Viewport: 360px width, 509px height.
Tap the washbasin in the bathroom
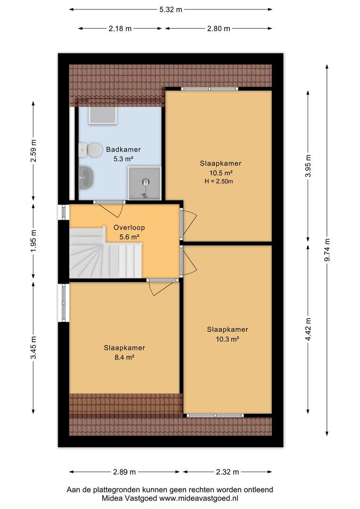click(86, 177)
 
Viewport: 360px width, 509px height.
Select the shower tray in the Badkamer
click(144, 183)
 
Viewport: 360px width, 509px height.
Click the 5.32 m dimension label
click(171, 9)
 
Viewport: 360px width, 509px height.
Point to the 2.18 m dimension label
click(120, 29)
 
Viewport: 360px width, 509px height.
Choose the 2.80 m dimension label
click(219, 29)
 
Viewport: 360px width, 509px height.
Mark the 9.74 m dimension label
click(327, 250)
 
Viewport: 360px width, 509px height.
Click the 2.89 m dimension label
click(124, 472)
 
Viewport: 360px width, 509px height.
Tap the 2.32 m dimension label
click(227, 472)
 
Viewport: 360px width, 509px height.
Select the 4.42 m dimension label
click(308, 329)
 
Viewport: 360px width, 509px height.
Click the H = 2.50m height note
click(219, 181)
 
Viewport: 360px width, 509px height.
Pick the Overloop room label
click(129, 228)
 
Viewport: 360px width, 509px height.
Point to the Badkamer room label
click(123, 150)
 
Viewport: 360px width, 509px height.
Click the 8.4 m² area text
click(124, 357)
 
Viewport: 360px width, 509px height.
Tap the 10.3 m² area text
click(228, 339)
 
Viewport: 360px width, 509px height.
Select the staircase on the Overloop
click(106, 253)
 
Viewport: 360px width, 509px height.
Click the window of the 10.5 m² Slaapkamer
click(209, 89)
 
